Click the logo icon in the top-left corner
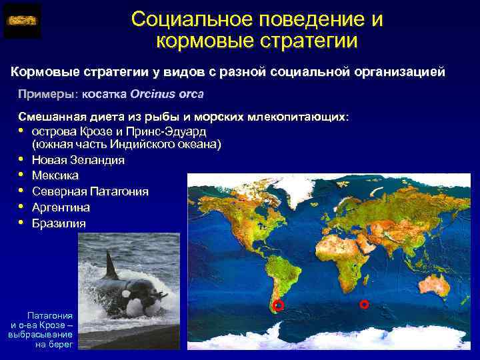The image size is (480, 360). click(x=22, y=21)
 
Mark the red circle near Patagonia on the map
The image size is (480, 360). click(x=279, y=305)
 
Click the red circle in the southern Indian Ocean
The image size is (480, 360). click(x=364, y=304)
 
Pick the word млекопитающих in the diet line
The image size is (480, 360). click(x=297, y=117)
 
